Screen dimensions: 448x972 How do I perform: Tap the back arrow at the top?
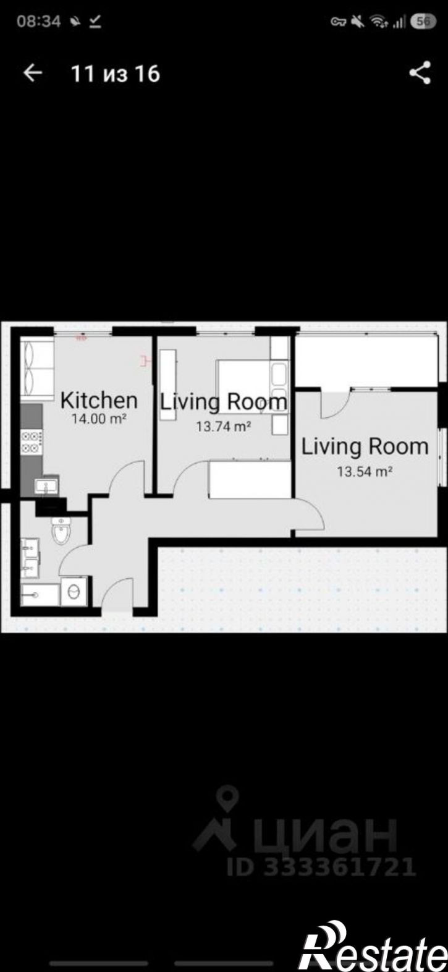pos(33,73)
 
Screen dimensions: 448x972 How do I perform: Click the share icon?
pos(420,72)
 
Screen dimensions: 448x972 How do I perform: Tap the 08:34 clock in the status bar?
pos(38,21)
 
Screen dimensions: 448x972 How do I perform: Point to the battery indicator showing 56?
pos(424,21)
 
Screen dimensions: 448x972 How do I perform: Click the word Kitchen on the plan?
pos(99,400)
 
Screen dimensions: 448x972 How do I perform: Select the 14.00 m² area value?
pos(99,419)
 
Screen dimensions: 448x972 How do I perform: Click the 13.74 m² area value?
pos(223,427)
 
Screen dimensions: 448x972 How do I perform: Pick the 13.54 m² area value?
pos(365,471)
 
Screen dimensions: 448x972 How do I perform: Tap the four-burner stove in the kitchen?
pos(32,441)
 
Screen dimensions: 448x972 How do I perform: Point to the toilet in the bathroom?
pos(61,530)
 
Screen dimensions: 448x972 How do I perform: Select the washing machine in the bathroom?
pos(74,591)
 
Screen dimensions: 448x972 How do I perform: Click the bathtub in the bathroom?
pos(40,594)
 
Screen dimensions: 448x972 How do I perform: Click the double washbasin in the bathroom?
pos(30,558)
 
